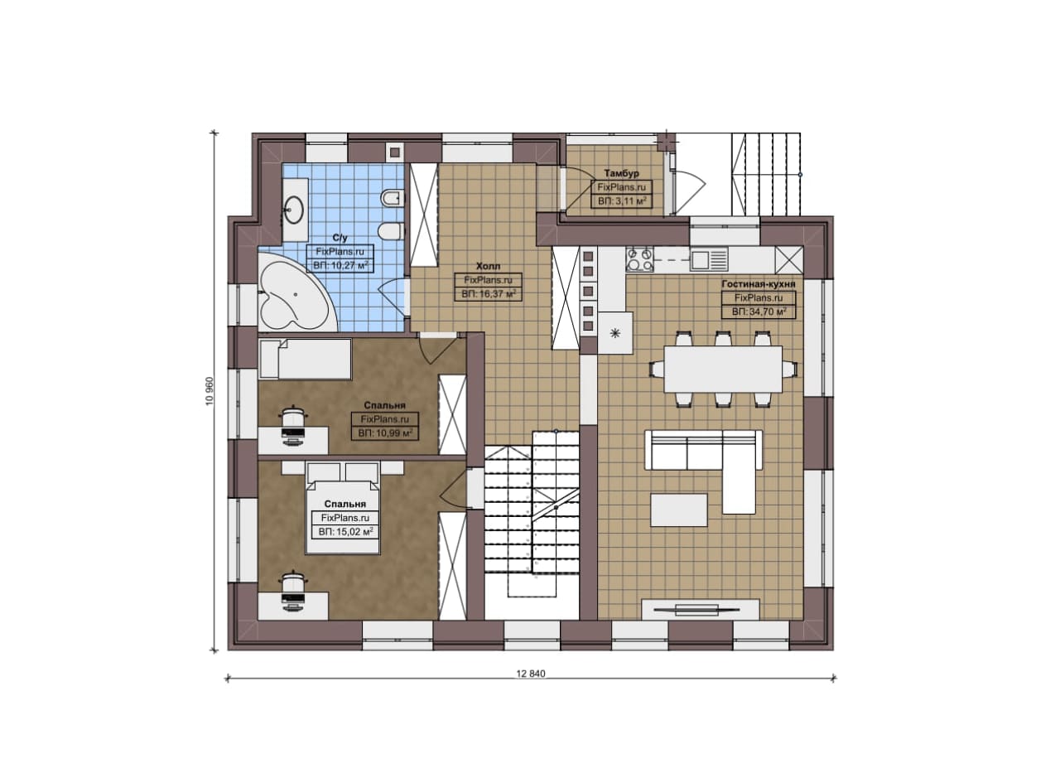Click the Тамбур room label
coord(621,174)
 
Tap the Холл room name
coord(488,266)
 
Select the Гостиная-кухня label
coord(758,284)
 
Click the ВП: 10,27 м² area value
coord(340,266)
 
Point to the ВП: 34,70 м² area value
coord(759,312)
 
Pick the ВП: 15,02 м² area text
coord(345,532)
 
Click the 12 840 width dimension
coord(531,674)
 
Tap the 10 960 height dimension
coord(210,391)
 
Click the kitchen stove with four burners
coord(640,260)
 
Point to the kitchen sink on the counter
coord(708,259)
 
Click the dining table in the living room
coord(723,369)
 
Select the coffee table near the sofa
coord(678,510)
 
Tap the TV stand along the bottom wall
coord(700,610)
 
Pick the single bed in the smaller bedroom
coord(306,359)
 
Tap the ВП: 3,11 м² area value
coord(622,201)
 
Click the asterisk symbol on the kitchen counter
coord(615,334)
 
